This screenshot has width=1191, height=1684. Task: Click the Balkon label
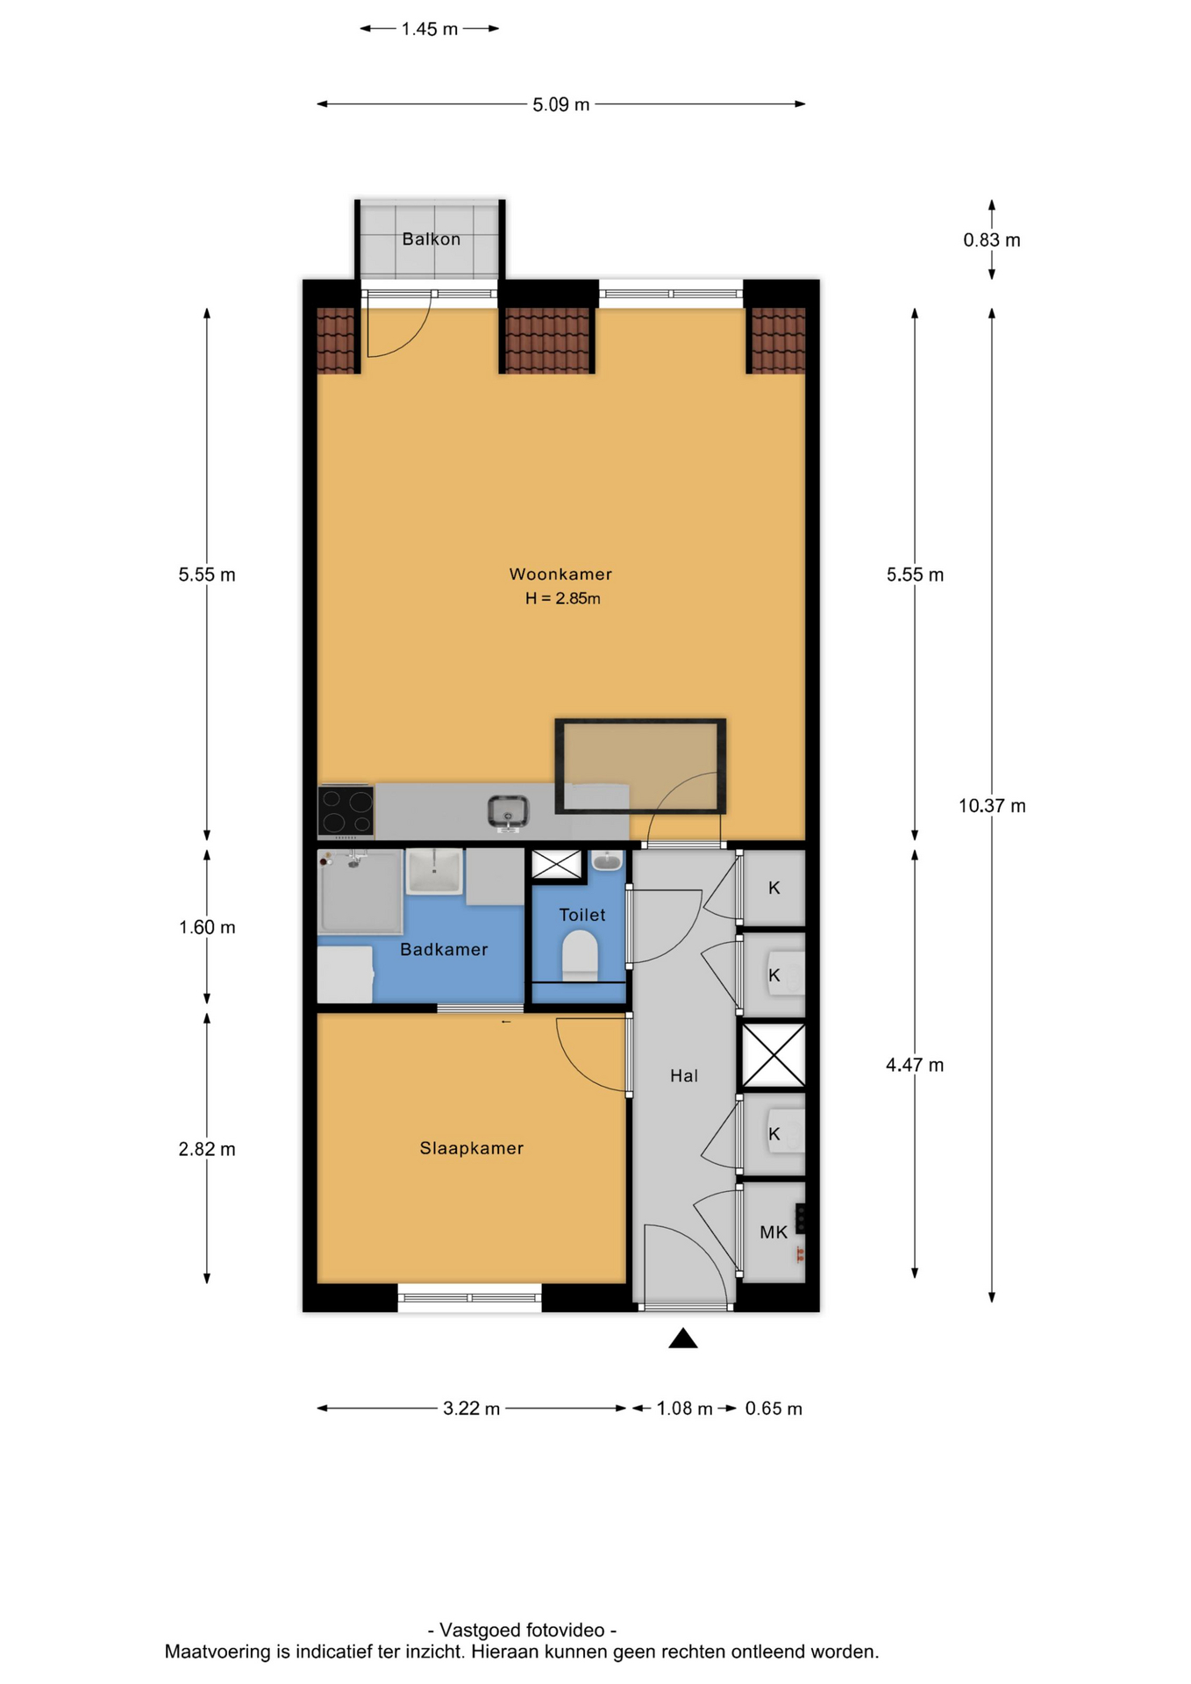pos(431,239)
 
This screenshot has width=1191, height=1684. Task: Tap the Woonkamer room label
pos(560,574)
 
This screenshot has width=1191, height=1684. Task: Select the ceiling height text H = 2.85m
pos(562,598)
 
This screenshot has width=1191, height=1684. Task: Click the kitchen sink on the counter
pos(508,812)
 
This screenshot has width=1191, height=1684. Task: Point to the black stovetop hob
pos(346,810)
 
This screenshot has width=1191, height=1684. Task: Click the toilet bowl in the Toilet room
pos(580,955)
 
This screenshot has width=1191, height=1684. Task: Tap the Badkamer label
pos(444,949)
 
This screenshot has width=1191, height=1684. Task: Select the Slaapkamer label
pos(471,1148)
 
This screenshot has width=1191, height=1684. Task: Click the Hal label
pos(684,1075)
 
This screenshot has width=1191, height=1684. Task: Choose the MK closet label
pos(774,1232)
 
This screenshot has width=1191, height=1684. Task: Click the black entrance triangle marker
pos(682,1338)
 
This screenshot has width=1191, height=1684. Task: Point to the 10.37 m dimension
pos(992,805)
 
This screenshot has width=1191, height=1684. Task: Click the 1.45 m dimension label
pos(430,29)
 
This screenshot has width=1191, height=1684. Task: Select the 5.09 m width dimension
pos(561,104)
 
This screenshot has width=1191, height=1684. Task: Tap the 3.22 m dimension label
pos(471,1409)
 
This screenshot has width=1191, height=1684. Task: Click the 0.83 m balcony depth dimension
pos(992,239)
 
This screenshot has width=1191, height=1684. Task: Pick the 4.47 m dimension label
pos(915,1065)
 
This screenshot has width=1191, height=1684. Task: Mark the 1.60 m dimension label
pos(207,927)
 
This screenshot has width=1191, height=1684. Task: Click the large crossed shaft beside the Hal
pos(774,1056)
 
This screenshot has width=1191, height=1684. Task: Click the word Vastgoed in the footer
pos(477,1630)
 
